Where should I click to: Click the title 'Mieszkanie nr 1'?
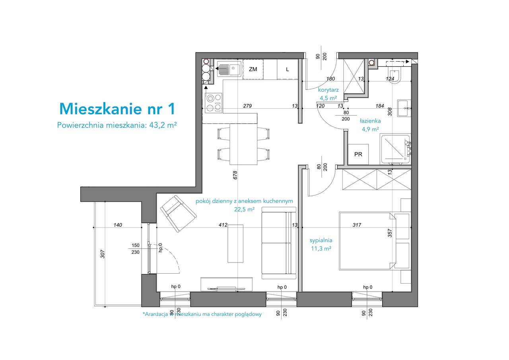[117, 108]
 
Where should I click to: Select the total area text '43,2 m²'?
[163, 125]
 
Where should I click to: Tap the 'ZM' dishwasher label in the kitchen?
[253, 69]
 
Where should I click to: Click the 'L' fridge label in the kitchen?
[287, 69]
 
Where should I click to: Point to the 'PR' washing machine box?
[358, 154]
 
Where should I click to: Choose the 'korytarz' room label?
[328, 90]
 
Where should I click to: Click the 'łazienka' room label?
[370, 121]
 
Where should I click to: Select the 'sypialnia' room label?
[321, 240]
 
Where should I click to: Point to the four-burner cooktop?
[214, 102]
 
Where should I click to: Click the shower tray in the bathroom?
[394, 149]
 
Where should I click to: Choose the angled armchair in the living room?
[178, 213]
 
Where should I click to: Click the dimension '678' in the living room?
[235, 175]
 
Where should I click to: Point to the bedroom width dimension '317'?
[357, 225]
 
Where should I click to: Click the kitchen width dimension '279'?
[248, 106]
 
